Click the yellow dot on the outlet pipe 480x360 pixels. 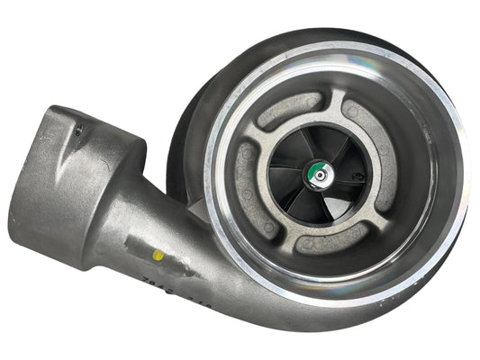(x=158, y=255)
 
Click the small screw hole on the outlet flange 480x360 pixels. (x=78, y=131)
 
